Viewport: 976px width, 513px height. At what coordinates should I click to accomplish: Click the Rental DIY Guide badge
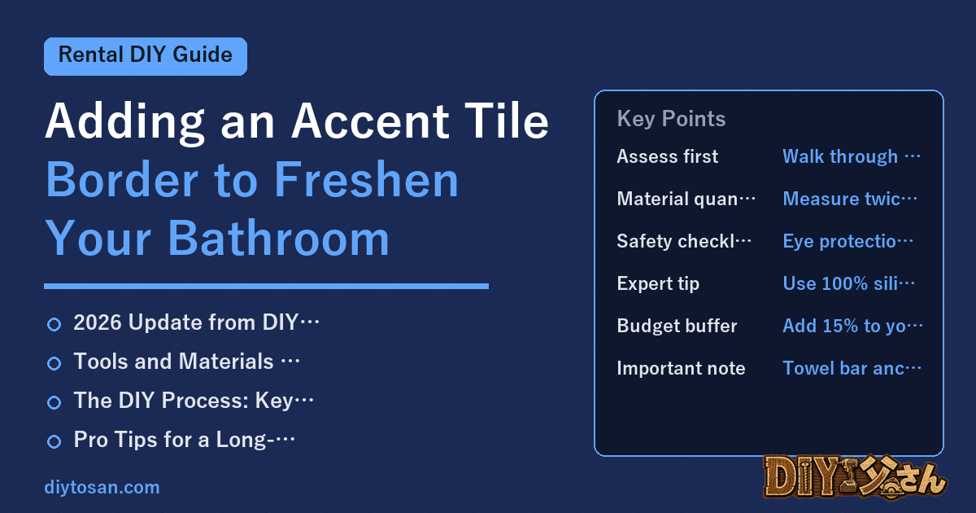[146, 56]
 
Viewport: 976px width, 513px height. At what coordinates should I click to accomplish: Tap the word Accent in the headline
[370, 121]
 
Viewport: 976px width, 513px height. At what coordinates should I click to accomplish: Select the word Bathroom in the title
[278, 238]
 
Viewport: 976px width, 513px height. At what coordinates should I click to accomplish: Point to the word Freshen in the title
[367, 179]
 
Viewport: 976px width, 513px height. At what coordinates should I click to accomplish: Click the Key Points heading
[671, 119]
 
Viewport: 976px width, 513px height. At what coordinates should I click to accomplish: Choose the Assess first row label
[667, 156]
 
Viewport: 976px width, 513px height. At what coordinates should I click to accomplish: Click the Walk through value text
[852, 156]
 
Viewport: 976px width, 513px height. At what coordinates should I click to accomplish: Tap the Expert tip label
[658, 283]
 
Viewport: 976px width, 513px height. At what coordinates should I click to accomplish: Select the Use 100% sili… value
[848, 283]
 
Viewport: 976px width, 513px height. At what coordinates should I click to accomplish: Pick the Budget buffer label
[677, 326]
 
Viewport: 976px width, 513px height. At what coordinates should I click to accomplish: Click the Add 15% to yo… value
[852, 326]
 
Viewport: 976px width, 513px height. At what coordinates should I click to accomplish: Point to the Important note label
[681, 368]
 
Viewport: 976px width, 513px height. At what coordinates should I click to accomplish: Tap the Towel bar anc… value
[852, 368]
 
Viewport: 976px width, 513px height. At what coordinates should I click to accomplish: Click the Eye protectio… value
[847, 241]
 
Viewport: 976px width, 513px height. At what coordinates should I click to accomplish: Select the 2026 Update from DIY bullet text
[196, 322]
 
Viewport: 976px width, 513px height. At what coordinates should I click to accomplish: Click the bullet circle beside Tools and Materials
[54, 363]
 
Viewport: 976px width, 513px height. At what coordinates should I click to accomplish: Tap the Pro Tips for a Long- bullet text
[184, 439]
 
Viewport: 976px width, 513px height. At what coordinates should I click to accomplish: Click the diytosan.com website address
[102, 487]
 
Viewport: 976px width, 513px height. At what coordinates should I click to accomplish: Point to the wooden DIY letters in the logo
[804, 476]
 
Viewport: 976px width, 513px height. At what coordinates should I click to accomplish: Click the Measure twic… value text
[850, 199]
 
